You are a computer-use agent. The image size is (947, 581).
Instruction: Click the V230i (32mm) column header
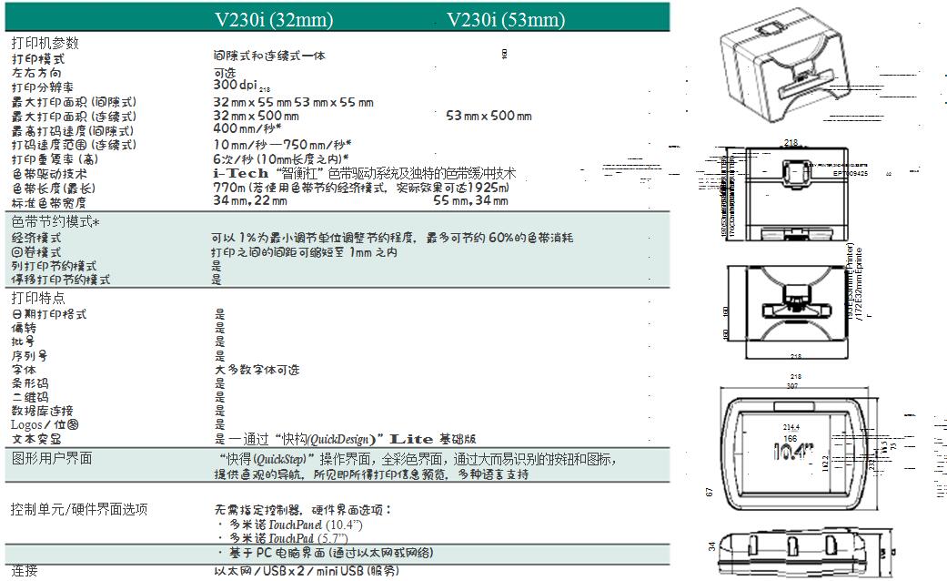tap(273, 19)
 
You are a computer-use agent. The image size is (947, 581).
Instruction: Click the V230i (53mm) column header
tap(506, 19)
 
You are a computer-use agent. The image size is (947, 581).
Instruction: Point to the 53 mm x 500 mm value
tap(489, 116)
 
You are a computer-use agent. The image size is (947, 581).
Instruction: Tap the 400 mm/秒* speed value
tap(247, 129)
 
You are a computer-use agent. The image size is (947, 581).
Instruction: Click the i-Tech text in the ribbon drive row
tap(240, 172)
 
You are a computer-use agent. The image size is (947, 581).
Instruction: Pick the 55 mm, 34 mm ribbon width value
tap(470, 200)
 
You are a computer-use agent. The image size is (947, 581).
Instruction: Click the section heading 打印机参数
tap(45, 43)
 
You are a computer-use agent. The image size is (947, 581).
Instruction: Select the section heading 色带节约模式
tap(55, 221)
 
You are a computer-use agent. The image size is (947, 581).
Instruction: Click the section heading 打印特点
tap(38, 298)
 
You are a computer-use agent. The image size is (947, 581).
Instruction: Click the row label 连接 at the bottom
tap(25, 571)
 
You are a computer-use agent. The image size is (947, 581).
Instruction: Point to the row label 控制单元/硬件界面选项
tap(79, 509)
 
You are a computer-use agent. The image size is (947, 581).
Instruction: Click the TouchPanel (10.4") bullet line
tap(292, 525)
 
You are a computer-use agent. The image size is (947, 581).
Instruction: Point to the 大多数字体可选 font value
tap(257, 370)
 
